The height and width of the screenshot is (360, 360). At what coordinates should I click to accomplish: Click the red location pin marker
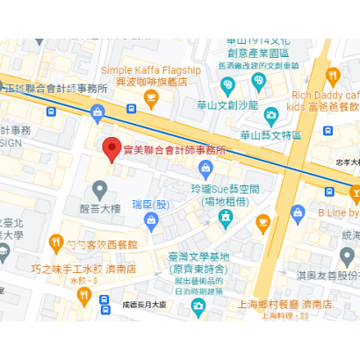tap(111, 149)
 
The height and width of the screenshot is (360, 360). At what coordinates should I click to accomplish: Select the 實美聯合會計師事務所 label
tap(173, 150)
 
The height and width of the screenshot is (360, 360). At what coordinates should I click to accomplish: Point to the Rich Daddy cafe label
tap(325, 95)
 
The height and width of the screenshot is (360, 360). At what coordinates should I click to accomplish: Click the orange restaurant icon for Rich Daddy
tap(333, 75)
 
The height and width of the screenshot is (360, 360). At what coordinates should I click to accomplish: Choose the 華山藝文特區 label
tap(270, 134)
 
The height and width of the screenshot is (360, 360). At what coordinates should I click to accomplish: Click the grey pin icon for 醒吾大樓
tap(99, 189)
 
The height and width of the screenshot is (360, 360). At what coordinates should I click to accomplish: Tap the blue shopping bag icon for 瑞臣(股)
tap(154, 220)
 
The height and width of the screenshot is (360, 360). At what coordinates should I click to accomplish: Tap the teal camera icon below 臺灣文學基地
tap(198, 304)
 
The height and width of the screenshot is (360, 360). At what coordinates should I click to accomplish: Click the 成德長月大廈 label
tap(146, 303)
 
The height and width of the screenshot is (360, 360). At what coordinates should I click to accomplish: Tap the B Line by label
tap(339, 213)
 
